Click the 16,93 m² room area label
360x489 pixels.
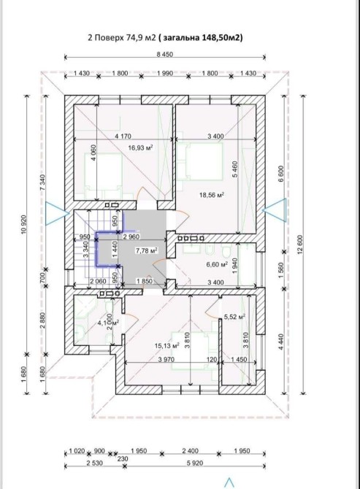pyautogui.click(x=141, y=147)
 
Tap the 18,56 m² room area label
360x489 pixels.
pyautogui.click(x=212, y=195)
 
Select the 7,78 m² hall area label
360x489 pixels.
pyautogui.click(x=146, y=250)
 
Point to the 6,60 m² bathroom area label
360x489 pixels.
pyautogui.click(x=217, y=265)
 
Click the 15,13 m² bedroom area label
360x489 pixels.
pyautogui.click(x=167, y=345)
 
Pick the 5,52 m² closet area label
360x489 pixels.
pyautogui.click(x=234, y=317)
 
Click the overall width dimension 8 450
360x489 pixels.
pyautogui.click(x=165, y=55)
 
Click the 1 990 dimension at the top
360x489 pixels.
pyautogui.click(x=165, y=73)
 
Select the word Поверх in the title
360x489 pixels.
pyautogui.click(x=109, y=38)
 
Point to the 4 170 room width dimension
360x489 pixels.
pyautogui.click(x=123, y=136)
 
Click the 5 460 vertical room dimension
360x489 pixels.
pyautogui.click(x=235, y=169)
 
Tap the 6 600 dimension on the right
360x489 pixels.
pyautogui.click(x=281, y=174)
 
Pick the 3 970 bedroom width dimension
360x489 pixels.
pyautogui.click(x=166, y=360)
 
